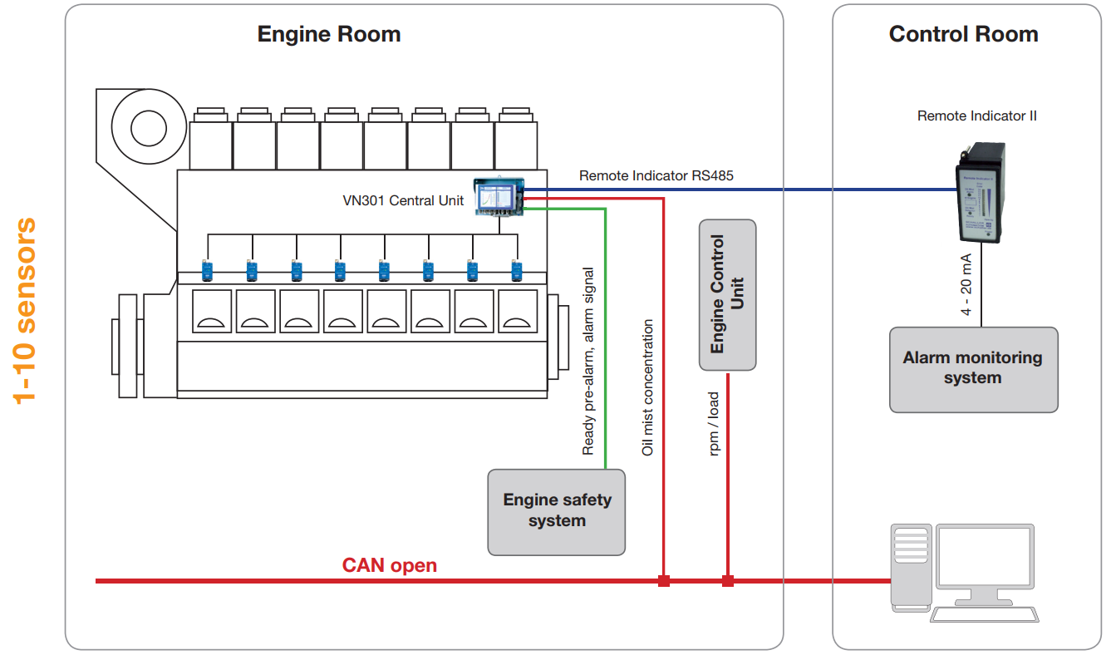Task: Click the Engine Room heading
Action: [x=328, y=34]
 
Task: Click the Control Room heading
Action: [x=963, y=34]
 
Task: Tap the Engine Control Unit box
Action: [x=727, y=294]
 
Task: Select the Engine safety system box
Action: [x=556, y=511]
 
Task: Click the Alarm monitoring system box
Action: [x=973, y=369]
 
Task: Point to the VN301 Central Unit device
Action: [x=499, y=196]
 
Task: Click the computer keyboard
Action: [x=984, y=614]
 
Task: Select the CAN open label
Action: [x=389, y=565]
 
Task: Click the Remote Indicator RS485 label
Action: [x=656, y=175]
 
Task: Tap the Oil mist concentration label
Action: [x=648, y=387]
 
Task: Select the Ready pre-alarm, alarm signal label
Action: [x=588, y=361]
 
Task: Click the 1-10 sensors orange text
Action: [x=27, y=309]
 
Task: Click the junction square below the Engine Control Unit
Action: [x=728, y=581]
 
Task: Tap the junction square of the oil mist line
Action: [x=663, y=581]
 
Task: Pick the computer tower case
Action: [x=910, y=567]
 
